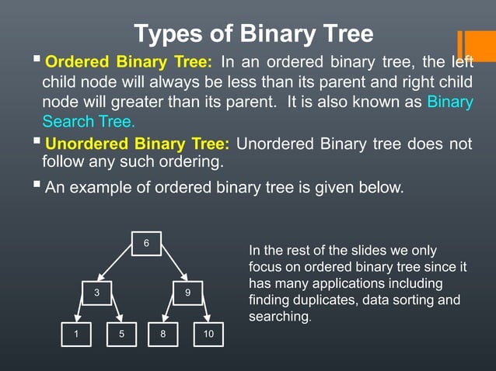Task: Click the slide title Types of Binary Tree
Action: tap(253, 34)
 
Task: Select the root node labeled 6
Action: tap(146, 244)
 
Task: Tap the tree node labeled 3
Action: tap(97, 293)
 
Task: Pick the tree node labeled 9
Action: tap(187, 293)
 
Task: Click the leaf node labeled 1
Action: tap(76, 334)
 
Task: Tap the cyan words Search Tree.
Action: tap(89, 121)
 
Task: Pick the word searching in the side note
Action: tap(278, 317)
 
